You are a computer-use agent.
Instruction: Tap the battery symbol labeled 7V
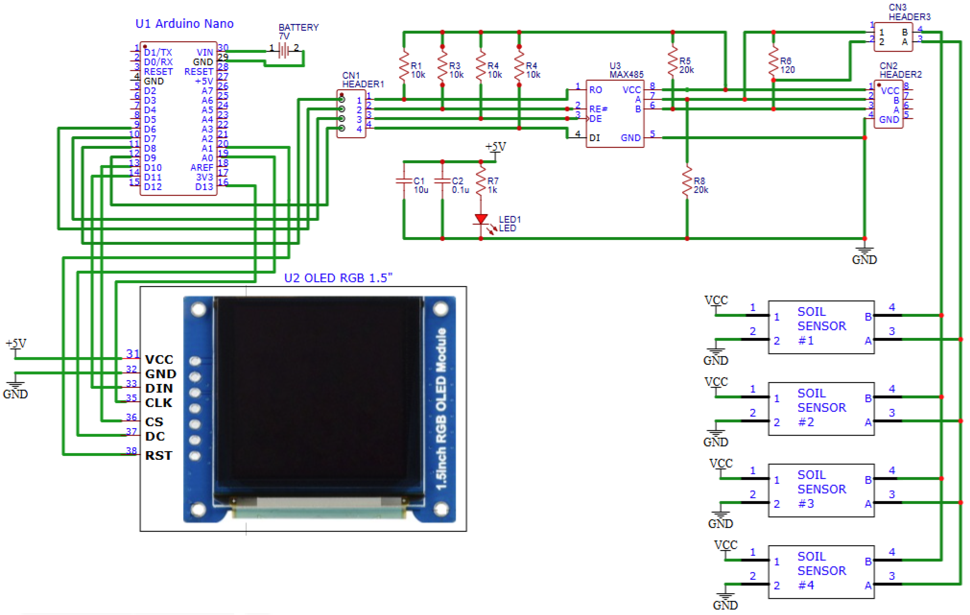pyautogui.click(x=284, y=51)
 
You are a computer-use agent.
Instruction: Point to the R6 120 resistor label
pyautogui.click(x=787, y=65)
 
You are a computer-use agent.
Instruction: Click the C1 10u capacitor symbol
pyautogui.click(x=404, y=181)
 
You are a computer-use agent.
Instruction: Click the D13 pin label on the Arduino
pyautogui.click(x=204, y=187)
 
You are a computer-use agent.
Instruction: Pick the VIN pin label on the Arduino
pyautogui.click(x=205, y=52)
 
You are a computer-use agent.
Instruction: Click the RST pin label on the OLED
pyautogui.click(x=158, y=455)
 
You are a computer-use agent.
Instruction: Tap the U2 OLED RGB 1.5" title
pyautogui.click(x=338, y=278)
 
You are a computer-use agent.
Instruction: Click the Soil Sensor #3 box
pyautogui.click(x=821, y=490)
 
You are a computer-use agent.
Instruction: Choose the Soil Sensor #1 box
pyautogui.click(x=821, y=327)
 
